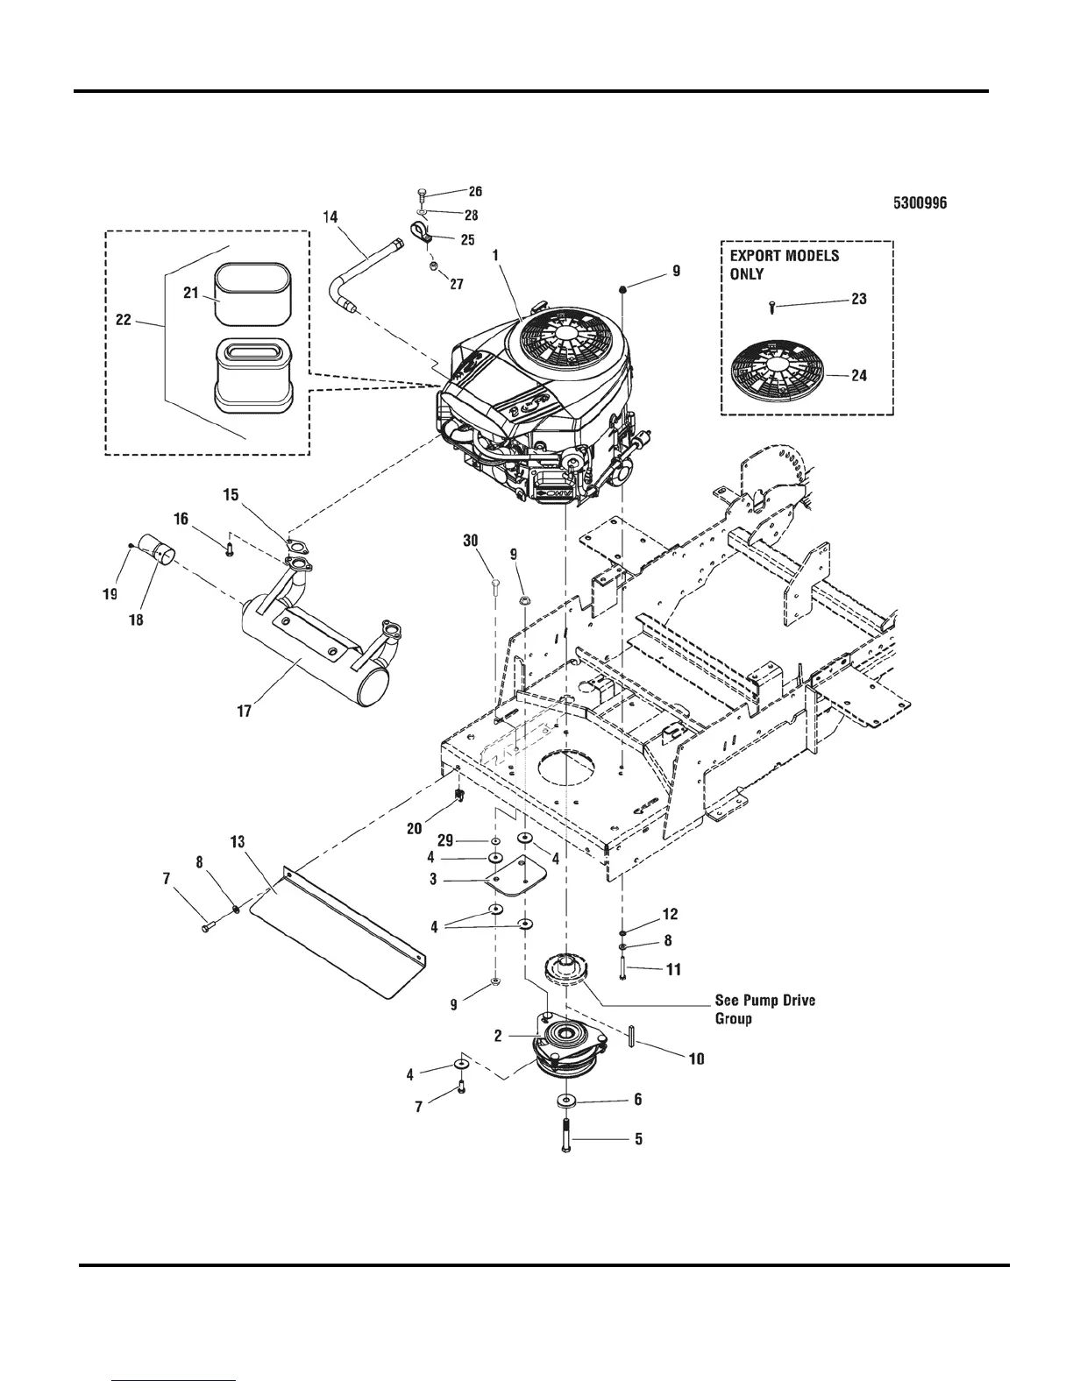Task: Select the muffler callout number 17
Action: tap(245, 712)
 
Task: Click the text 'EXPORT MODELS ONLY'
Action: tap(784, 265)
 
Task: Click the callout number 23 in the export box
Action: tap(858, 299)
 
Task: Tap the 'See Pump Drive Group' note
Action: tap(764, 1009)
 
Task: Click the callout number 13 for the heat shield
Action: tap(237, 842)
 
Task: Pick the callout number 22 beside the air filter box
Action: tap(124, 321)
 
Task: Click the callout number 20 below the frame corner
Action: tap(415, 828)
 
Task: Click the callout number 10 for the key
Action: tap(695, 1059)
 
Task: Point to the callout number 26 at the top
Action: tap(474, 191)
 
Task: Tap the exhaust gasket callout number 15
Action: tap(231, 496)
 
